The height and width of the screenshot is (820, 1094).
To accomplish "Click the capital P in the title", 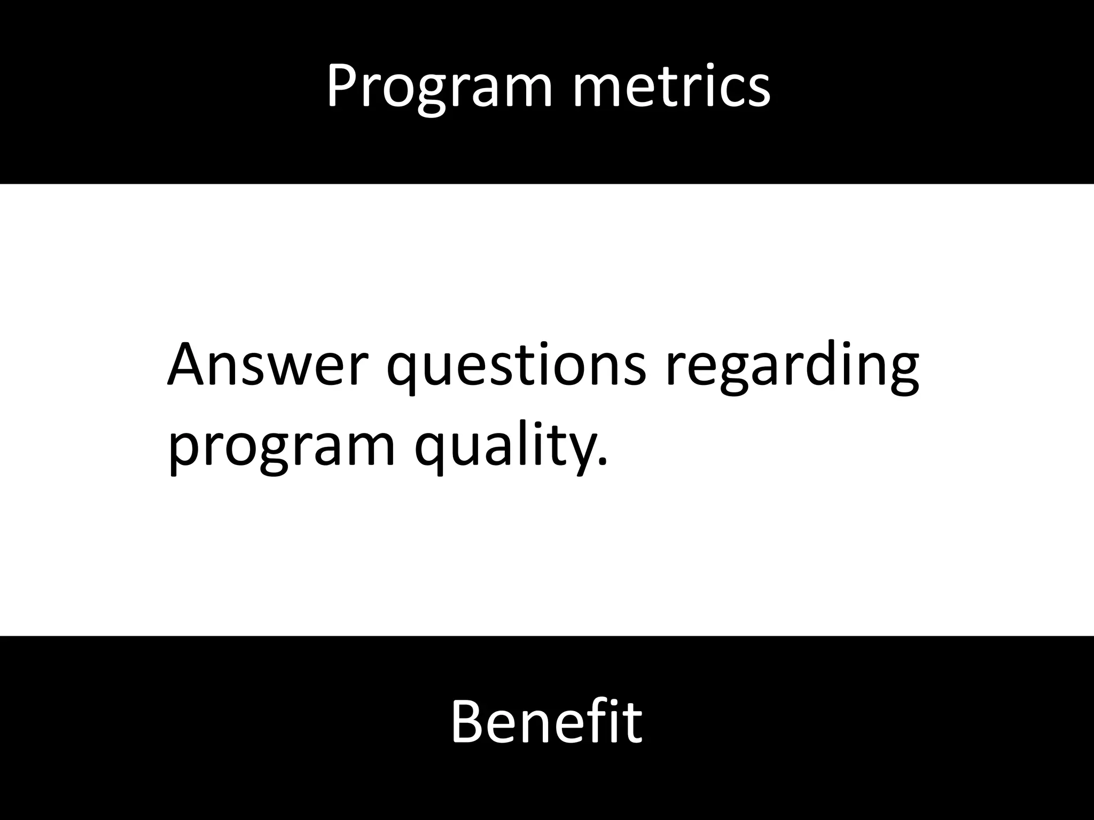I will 342,85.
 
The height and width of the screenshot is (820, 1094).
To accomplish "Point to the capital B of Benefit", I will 468,721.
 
